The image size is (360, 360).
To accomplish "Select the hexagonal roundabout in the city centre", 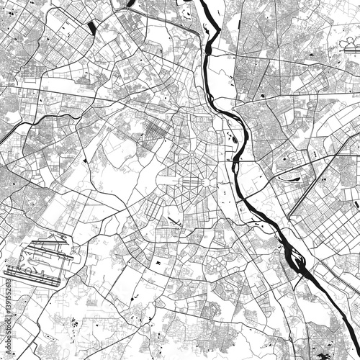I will coord(207,181).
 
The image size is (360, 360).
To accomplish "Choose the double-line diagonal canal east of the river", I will coord(313,184).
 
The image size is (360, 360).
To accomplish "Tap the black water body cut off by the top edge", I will coord(130,3).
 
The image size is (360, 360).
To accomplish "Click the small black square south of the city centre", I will coord(158,265).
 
